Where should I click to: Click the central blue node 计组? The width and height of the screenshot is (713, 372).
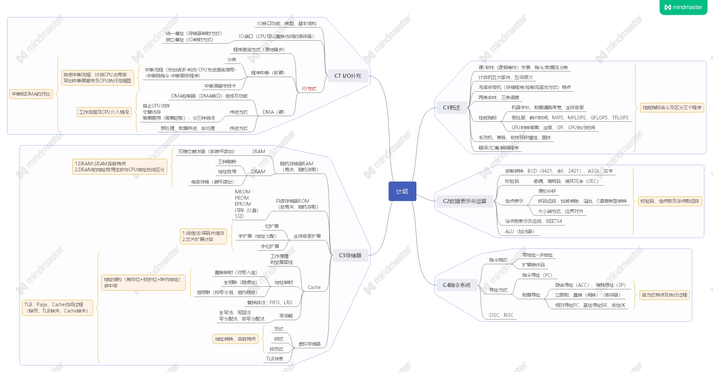402,191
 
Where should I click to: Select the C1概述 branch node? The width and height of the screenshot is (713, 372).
452,107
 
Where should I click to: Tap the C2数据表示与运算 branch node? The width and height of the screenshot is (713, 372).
464,201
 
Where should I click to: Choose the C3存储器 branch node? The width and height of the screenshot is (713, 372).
350,255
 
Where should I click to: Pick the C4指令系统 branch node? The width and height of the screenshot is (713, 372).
456,285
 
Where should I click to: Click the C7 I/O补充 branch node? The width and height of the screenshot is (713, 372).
348,76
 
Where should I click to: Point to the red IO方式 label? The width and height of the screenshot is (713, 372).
309,89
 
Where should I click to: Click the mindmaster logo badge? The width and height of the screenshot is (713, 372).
683,7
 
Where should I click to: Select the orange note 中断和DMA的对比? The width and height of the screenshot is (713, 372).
31,94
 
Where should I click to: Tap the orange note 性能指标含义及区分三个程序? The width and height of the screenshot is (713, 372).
672,107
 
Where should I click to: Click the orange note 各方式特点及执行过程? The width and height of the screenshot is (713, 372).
664,295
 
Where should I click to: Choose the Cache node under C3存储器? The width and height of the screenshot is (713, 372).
314,287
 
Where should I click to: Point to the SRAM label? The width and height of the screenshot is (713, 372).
259,151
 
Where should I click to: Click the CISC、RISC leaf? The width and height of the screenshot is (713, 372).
501,315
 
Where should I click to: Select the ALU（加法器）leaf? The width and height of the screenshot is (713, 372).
519,231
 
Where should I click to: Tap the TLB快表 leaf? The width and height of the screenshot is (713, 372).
274,359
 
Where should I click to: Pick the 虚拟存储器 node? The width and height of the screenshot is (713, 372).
309,344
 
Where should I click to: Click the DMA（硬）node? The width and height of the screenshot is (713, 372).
273,112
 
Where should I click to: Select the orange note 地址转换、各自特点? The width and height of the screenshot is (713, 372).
235,339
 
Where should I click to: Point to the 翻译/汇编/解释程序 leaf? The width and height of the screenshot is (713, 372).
499,148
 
